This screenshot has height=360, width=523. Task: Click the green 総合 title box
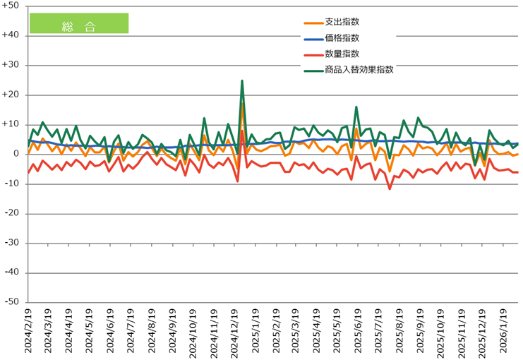click(78, 23)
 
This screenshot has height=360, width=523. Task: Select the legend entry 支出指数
click(342, 21)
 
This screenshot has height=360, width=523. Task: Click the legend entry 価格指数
click(342, 37)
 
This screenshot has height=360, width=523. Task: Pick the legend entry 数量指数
click(342, 54)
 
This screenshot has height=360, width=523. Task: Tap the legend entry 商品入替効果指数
click(359, 70)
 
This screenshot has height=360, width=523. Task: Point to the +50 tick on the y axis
click(11, 6)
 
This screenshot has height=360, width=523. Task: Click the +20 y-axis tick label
click(11, 95)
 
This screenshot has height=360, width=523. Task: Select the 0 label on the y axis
click(16, 154)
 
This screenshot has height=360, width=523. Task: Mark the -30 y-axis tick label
click(11, 243)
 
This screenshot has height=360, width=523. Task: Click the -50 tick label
click(11, 302)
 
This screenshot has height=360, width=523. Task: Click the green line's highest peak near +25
click(242, 80)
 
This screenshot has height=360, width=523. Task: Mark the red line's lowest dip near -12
click(390, 188)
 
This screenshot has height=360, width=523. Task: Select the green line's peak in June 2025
click(356, 107)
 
